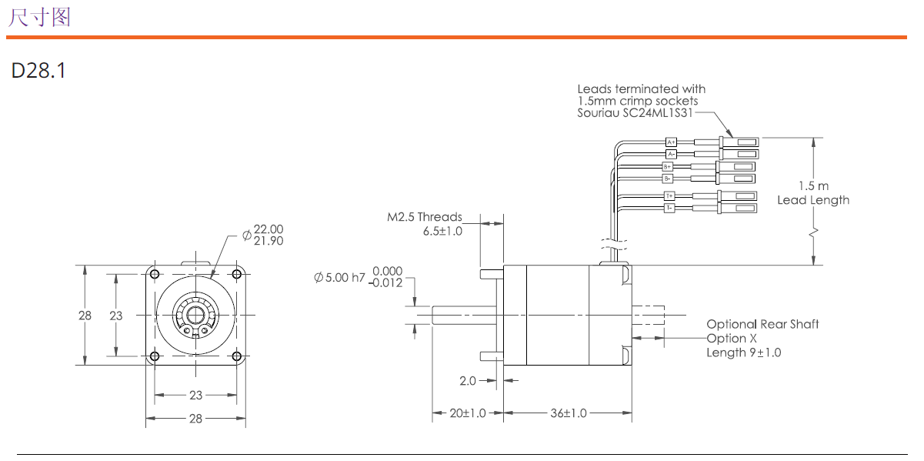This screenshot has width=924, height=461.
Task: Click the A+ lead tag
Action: click(671, 142)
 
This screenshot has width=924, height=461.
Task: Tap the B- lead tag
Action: click(668, 179)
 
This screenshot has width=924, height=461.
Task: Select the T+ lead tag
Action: click(669, 195)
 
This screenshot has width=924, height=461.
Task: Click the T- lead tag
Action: click(669, 208)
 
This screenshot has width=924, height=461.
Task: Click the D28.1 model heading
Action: click(38, 71)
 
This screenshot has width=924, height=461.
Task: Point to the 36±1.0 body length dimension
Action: click(568, 413)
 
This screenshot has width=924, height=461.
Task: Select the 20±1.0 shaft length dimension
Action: click(468, 413)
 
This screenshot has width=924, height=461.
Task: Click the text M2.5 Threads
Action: click(425, 217)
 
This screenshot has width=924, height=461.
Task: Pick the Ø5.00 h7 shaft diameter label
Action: click(339, 278)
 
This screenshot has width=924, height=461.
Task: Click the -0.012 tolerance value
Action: click(385, 282)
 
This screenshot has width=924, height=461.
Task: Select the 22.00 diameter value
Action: click(269, 229)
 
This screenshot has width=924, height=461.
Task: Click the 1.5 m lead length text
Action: click(813, 186)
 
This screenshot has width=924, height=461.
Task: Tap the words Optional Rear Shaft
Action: click(762, 325)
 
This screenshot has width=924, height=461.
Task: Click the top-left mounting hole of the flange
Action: click(155, 275)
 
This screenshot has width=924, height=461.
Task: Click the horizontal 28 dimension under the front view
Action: click(195, 419)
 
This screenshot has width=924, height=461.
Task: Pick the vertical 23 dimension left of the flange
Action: click(116, 316)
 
